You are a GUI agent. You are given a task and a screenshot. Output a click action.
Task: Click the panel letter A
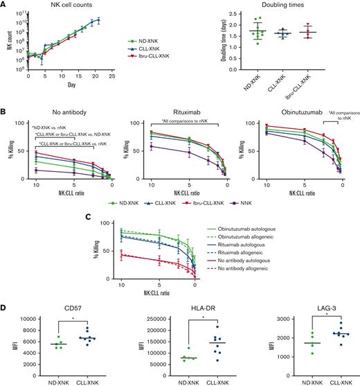point(5,5)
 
